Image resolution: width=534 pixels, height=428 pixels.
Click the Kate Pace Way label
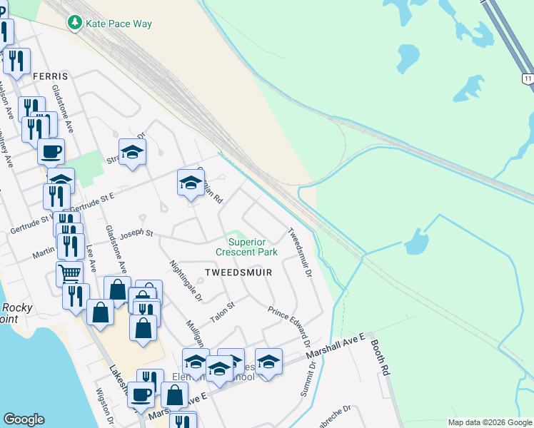(x=119, y=24)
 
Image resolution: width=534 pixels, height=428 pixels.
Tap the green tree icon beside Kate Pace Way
(x=74, y=23)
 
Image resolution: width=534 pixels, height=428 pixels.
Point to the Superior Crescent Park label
(x=247, y=247)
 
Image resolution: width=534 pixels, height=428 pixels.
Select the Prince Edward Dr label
(x=288, y=322)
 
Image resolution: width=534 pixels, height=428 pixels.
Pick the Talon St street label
(x=222, y=311)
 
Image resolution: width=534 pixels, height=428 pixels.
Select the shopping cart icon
(x=69, y=272)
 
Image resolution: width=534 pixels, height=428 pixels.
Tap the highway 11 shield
(x=527, y=78)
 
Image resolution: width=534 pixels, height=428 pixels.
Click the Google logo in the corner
(x=24, y=419)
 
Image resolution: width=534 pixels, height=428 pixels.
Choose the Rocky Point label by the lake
(x=16, y=313)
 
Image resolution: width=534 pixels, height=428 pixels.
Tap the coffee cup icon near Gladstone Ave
(x=51, y=151)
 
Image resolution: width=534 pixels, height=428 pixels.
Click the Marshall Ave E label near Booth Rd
(x=336, y=345)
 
